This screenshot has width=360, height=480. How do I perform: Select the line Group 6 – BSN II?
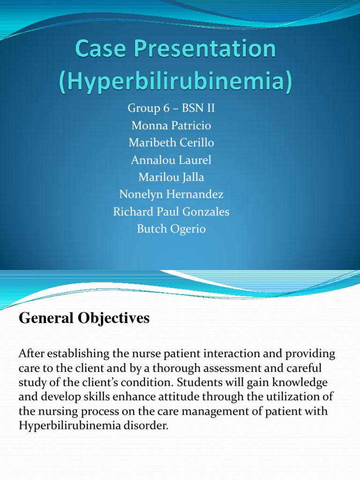(171, 109)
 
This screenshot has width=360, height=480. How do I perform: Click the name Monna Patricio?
(171, 126)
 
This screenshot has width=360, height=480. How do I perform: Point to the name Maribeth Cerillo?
(171, 143)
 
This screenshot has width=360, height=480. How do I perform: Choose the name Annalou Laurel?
(171, 160)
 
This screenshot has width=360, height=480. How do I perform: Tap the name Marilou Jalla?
(171, 178)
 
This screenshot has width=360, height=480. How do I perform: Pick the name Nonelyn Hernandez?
(171, 195)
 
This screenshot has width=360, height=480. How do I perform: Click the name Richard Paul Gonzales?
(171, 212)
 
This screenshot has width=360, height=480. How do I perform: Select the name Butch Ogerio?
(171, 229)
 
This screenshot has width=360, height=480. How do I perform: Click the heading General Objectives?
(84, 319)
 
